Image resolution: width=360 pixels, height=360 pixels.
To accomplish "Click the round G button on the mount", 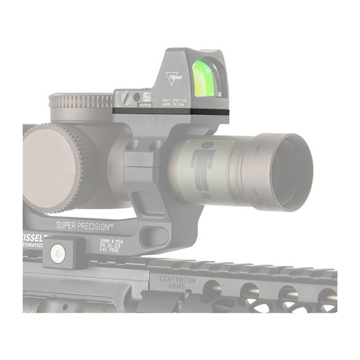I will (57, 249).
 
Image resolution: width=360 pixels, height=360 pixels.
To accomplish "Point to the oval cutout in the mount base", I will (155, 237).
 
